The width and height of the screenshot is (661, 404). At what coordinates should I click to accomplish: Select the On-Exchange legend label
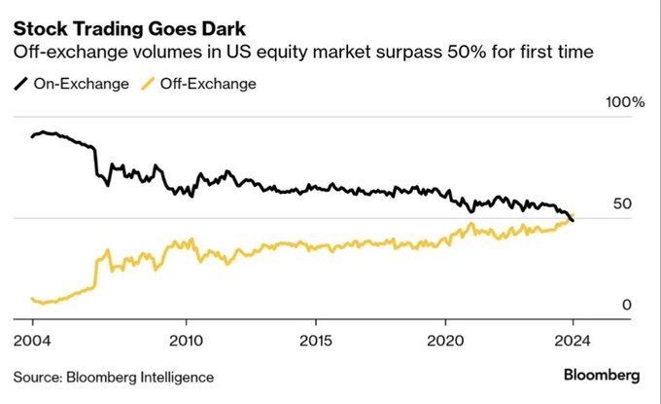pos(81,84)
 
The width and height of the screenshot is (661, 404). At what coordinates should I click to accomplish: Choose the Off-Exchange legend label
pos(209,84)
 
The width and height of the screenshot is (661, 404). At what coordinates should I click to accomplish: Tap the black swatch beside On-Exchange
pos(19,84)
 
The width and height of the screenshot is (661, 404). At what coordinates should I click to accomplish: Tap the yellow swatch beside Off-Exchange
pos(148,84)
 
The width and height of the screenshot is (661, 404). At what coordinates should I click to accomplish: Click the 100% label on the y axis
pos(625,103)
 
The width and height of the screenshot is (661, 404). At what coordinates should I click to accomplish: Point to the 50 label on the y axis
pos(621,204)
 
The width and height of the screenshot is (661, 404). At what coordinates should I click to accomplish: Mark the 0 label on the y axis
pos(627,305)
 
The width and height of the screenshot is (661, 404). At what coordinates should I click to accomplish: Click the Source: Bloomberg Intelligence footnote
pos(113,376)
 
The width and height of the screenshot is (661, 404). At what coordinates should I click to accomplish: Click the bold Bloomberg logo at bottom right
pos(602,375)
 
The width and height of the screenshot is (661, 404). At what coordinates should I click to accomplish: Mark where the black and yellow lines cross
pos(570,218)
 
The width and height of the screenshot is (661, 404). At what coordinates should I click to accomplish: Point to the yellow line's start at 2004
pos(32,299)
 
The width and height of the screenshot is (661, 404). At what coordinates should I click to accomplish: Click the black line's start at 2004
pos(32,136)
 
